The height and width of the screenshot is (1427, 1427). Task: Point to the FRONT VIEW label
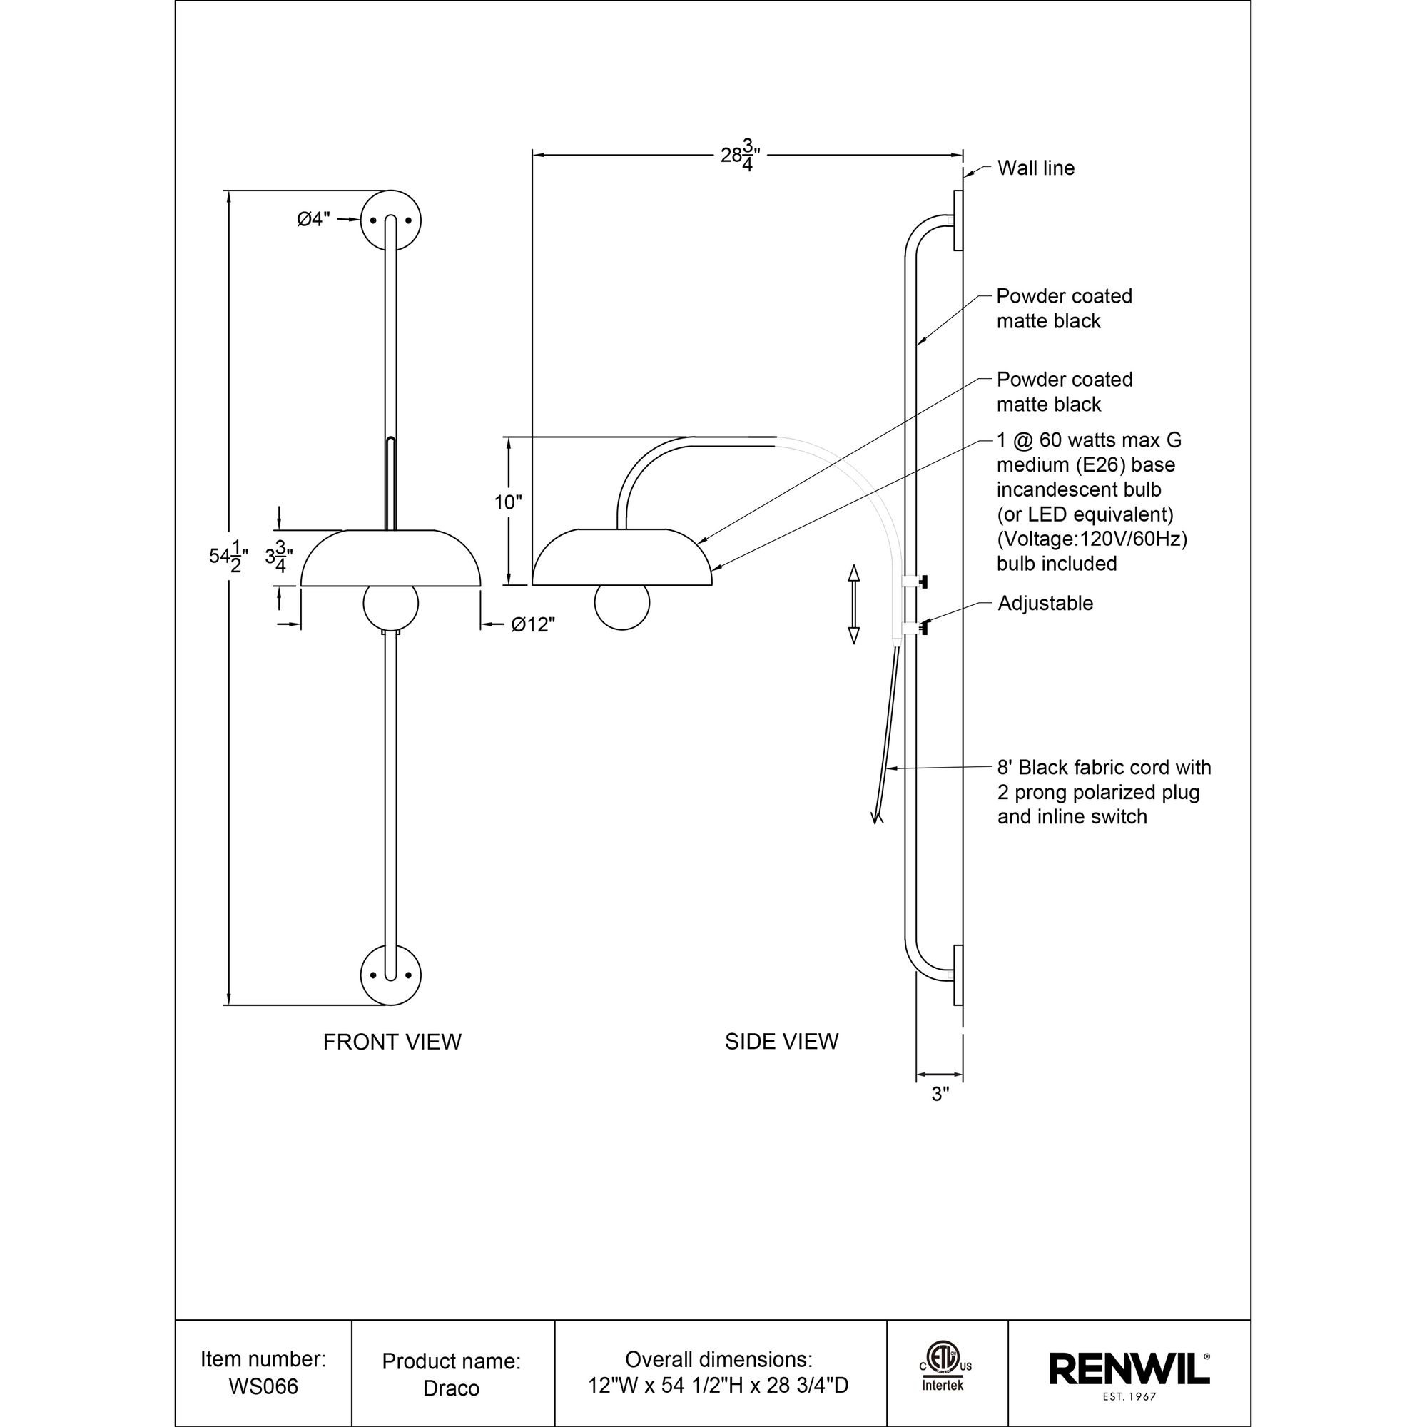[392, 1042]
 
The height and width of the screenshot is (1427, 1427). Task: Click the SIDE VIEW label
[781, 1042]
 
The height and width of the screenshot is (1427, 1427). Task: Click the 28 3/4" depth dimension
[740, 156]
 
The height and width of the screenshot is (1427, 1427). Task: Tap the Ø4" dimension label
[314, 219]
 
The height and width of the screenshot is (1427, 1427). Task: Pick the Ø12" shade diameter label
[532, 625]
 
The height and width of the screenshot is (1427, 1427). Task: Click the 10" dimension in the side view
[508, 503]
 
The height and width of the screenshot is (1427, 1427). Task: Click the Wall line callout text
[1035, 168]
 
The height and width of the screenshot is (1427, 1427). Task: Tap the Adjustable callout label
[1045, 604]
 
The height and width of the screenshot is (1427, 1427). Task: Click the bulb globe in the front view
[391, 604]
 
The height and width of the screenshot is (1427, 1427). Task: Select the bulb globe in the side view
[622, 603]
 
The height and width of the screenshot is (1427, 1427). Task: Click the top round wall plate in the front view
[391, 220]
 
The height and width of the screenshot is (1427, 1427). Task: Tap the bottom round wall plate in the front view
[391, 975]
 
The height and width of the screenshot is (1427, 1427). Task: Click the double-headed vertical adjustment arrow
[854, 604]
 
